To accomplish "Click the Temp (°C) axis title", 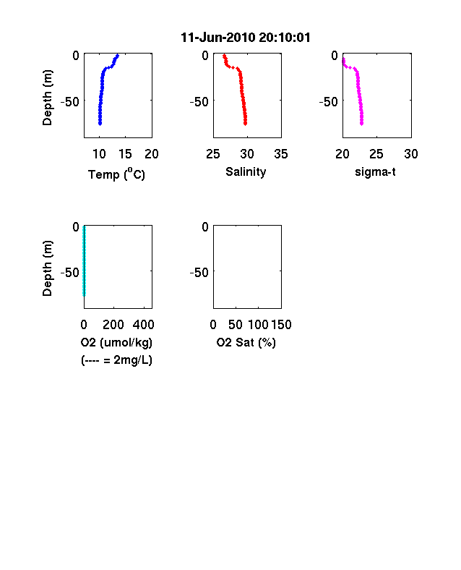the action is coord(116,174).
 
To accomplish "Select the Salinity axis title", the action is coord(246,172).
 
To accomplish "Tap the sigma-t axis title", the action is coord(375,171).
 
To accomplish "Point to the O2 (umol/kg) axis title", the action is coord(116,342).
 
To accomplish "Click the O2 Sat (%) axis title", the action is coord(246,342).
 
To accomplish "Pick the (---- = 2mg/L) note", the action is coord(116,360).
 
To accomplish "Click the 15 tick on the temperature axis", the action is coord(125,154).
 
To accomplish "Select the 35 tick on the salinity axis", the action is coord(281,154).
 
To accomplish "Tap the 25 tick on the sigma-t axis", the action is coord(376,154).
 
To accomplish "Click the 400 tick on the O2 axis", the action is coord(143,325).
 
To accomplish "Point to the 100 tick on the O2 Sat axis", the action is coord(259,325).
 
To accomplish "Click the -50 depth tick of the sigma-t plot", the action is coord(329,102).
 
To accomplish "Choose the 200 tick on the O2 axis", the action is coord(113,325).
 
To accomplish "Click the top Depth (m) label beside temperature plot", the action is coord(47,98).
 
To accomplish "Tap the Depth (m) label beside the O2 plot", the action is coord(47,268).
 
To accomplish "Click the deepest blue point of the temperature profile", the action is coord(100,124).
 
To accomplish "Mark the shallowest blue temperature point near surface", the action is coord(117,56).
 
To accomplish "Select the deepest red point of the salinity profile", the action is coord(246,124).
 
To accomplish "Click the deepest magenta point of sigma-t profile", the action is coord(361,124).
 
